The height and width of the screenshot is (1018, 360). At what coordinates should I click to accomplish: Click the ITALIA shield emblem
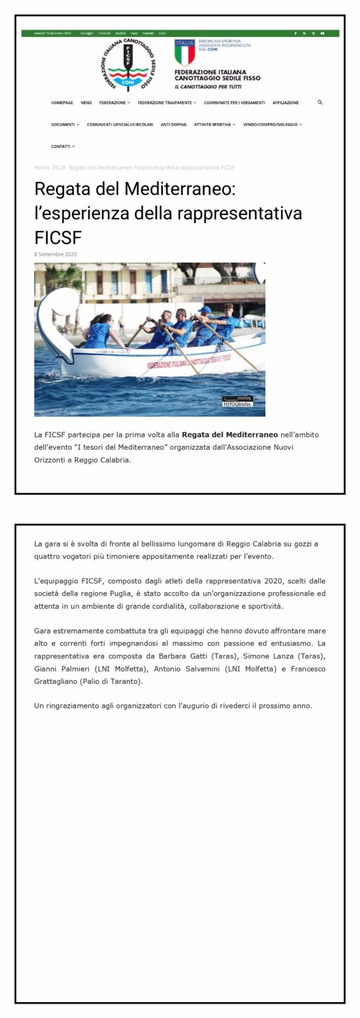click(185, 52)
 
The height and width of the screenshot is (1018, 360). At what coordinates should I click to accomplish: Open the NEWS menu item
click(86, 103)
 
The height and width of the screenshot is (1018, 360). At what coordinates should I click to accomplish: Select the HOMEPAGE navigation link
click(62, 103)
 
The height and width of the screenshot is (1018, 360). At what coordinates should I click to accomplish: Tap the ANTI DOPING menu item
click(173, 125)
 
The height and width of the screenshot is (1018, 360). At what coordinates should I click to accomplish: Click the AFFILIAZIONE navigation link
click(285, 103)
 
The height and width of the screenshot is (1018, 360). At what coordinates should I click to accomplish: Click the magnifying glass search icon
click(320, 102)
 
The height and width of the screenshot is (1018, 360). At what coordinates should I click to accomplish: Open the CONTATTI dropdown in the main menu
click(62, 147)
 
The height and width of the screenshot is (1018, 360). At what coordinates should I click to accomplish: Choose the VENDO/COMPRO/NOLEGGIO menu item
click(272, 125)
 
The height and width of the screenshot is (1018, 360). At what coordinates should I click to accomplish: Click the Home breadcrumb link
click(42, 167)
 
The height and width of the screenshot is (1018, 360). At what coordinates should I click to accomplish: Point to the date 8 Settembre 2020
click(55, 254)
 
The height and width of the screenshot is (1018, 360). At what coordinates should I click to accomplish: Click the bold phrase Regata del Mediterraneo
click(230, 434)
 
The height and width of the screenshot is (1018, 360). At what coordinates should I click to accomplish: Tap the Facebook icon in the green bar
click(295, 33)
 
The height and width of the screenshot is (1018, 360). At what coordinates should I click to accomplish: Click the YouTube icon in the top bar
click(322, 33)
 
